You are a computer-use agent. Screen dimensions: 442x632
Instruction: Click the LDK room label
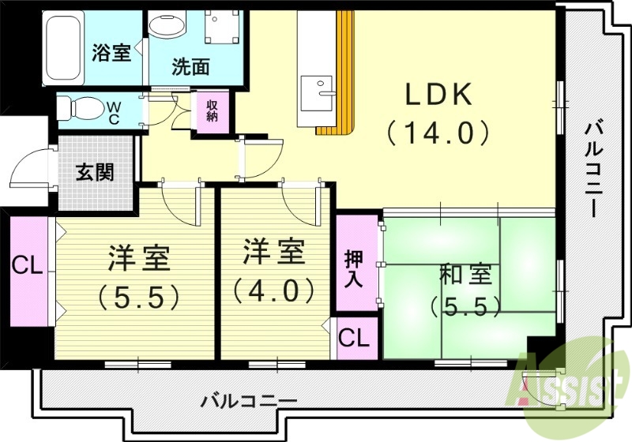[x=439, y=96]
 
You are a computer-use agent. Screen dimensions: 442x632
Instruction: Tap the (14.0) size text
[x=439, y=132]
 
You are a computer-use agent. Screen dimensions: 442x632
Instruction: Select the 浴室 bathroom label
[x=111, y=53]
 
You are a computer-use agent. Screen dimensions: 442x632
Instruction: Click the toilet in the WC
[x=79, y=107]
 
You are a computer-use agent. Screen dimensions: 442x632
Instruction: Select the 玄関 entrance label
[x=94, y=173]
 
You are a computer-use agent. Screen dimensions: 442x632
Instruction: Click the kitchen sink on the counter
[x=321, y=87]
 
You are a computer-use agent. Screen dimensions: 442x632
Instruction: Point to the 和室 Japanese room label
[x=465, y=275]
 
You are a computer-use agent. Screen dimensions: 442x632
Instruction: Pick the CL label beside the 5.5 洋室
[x=27, y=266]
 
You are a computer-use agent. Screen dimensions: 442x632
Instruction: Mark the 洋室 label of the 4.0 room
[x=273, y=253]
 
